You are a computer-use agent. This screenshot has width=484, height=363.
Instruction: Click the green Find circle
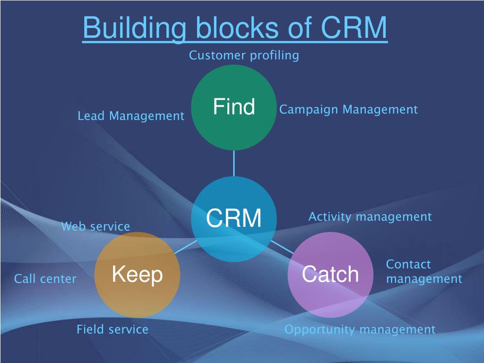coord(233,107)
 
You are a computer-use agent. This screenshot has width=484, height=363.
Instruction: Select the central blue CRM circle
coord(233,219)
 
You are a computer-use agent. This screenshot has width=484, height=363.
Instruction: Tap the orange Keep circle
coord(137,275)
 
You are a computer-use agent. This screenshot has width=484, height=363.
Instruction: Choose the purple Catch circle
coord(330,275)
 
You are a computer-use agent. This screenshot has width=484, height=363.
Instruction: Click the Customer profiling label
coord(244,56)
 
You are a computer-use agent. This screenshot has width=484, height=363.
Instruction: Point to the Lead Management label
coord(131,116)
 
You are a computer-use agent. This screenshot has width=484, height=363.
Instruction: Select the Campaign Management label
coord(348,110)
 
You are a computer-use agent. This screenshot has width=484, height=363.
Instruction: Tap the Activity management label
coord(370,216)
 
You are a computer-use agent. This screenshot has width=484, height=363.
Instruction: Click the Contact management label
coord(424,272)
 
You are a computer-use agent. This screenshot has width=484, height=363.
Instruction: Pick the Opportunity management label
coord(360,329)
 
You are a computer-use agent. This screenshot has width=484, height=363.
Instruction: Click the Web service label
coord(95,226)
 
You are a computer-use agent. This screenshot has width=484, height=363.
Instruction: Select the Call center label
coord(45,279)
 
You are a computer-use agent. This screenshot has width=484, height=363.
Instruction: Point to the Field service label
coord(112,329)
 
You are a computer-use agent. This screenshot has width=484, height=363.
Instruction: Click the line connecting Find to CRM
coord(233,163)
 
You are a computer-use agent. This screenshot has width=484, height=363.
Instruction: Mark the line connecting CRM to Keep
coord(185,247)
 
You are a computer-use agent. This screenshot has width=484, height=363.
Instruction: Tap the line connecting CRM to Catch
coord(282,247)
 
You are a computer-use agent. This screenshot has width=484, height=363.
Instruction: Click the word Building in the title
coord(134,28)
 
